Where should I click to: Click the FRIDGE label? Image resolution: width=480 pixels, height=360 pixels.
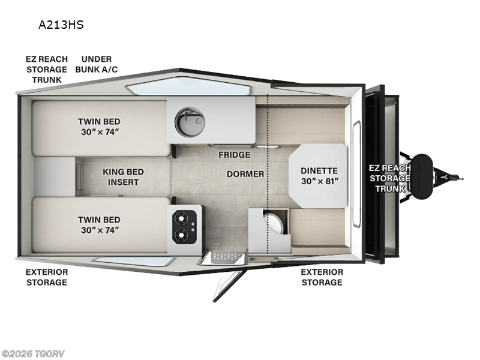tap(234, 155)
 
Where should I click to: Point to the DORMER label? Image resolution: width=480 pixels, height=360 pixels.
tap(245, 174)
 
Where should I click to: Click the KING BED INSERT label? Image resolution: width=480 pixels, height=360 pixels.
tap(123, 176)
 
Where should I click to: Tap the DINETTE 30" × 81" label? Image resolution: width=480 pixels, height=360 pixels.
tap(319, 175)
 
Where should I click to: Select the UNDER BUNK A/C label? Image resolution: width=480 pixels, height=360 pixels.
tap(96, 64)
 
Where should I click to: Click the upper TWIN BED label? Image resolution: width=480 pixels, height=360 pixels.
tap(99, 126)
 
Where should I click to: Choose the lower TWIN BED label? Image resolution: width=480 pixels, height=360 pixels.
tap(99, 224)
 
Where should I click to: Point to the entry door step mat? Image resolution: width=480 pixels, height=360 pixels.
tap(224, 256)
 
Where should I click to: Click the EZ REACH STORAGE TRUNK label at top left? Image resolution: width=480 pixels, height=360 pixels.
tap(46, 69)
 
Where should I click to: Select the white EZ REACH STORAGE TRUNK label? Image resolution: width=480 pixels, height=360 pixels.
tap(389, 178)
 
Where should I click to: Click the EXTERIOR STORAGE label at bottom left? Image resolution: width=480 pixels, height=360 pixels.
tap(46, 277)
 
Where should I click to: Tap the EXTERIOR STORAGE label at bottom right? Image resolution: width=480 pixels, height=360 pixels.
tap(322, 277)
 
